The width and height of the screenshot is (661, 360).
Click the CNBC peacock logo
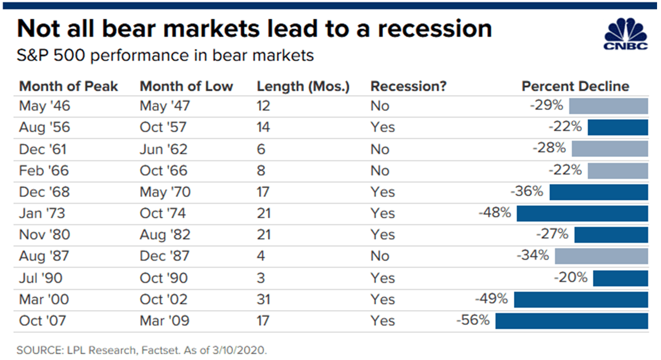625,34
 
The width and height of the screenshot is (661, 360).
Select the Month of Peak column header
69,86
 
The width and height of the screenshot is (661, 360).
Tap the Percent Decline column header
576,86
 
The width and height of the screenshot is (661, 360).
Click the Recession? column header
408,86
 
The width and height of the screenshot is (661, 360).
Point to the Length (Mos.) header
303,87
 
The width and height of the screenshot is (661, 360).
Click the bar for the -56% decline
572,321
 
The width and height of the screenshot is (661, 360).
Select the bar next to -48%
582,213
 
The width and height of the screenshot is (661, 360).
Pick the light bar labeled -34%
601,256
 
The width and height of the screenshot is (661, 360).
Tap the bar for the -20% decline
621,278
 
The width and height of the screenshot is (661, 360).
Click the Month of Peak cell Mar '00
44,300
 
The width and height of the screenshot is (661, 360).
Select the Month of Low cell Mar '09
164,321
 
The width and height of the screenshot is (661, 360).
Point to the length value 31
263,300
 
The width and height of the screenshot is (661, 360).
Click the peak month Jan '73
42,213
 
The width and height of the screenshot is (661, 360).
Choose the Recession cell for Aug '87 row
380,256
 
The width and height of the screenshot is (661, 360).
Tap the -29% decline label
546,105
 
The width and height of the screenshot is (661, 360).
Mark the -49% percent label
492,299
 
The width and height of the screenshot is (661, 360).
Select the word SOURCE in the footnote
40,350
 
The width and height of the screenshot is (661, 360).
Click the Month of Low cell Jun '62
163,149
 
